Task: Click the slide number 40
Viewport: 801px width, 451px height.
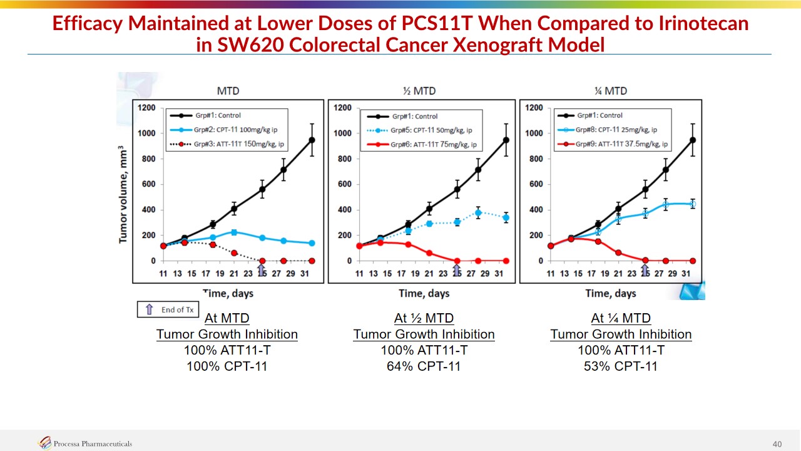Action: (x=777, y=444)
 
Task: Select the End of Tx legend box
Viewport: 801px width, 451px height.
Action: (x=169, y=309)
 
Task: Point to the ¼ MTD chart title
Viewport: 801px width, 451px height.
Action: (x=611, y=91)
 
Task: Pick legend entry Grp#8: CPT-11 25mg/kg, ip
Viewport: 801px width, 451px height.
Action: (x=615, y=130)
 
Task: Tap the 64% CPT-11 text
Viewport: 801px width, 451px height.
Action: (x=424, y=366)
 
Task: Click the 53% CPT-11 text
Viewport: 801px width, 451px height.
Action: (x=621, y=366)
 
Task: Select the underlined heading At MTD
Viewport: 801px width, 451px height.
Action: (x=227, y=318)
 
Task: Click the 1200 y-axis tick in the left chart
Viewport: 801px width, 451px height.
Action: (x=148, y=108)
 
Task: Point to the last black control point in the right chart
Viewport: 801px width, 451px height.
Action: (x=692, y=140)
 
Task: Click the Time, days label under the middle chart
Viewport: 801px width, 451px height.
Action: (x=424, y=293)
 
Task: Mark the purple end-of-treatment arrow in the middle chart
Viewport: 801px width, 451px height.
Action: (x=457, y=269)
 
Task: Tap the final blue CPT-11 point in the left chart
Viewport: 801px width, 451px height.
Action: (x=312, y=243)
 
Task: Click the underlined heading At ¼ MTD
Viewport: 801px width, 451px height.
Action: (x=621, y=318)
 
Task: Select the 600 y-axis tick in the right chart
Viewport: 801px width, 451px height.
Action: (x=534, y=184)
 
